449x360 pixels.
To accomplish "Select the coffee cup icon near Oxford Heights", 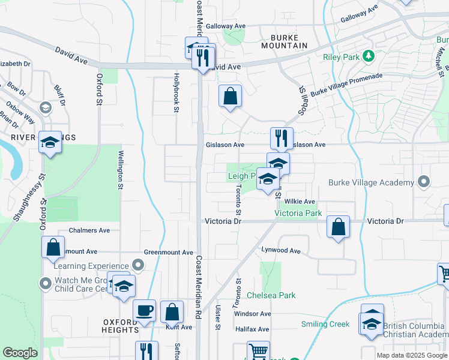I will pos(144,311).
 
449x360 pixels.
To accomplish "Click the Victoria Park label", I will pos(298,213).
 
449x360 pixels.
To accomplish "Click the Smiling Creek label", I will pos(326,324).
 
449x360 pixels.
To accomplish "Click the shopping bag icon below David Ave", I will pos(230,96).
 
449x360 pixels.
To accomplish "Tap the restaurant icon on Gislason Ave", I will pos(281,139).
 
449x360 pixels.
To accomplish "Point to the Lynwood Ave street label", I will pos(280,250).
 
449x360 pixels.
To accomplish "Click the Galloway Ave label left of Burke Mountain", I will pos(226,26).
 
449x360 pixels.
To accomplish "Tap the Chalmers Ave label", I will pos(89,230).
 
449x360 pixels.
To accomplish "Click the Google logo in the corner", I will pos(20,353).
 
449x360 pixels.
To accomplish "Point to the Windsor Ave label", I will pos(253,314).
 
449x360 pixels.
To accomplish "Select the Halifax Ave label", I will pos(252,329).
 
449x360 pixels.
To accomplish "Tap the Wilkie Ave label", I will pos(300,202).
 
